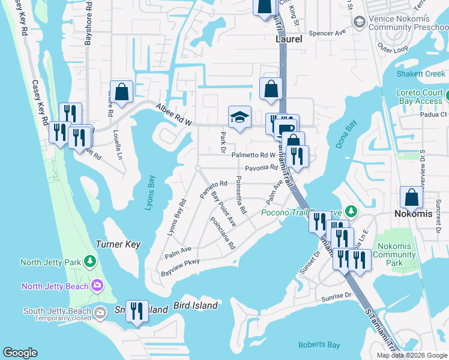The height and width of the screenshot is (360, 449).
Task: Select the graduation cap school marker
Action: point(240,118)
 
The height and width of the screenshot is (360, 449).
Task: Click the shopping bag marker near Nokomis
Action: point(412,197)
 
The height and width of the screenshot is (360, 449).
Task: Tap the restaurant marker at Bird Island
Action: point(137,310)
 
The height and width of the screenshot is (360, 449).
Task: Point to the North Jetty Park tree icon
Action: point(90,262)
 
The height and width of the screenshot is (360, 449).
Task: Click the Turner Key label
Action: point(118,244)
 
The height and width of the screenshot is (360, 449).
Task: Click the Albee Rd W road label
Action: point(173,115)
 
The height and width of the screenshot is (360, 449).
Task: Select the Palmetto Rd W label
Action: point(253,155)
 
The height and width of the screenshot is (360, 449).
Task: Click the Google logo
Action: point(20,353)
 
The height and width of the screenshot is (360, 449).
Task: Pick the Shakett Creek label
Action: point(421,74)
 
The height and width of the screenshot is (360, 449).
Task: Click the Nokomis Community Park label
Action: point(394,254)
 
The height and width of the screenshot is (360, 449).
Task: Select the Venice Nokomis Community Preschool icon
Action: point(359,22)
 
